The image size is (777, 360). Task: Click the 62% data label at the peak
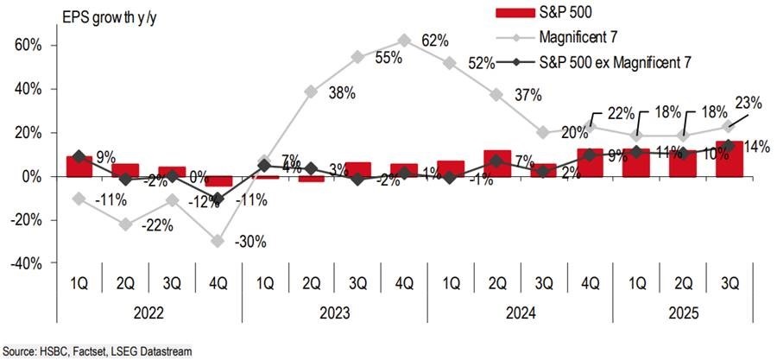pos(435,41)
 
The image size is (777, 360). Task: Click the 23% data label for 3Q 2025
pos(749,103)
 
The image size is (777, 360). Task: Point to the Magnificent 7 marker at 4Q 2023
pos(404,40)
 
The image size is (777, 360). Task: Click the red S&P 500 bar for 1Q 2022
pos(79,166)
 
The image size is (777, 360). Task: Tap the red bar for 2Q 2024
pos(497,163)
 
